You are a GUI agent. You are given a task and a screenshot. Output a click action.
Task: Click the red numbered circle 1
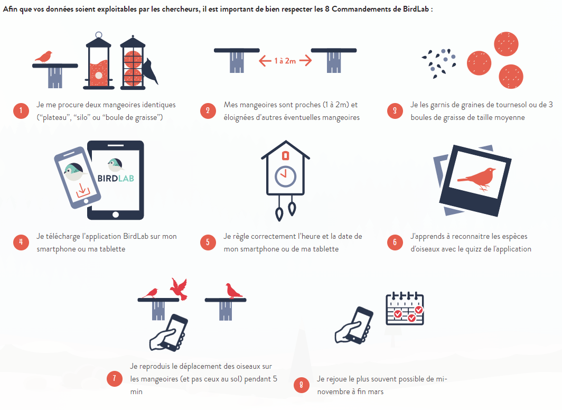coord(21,111)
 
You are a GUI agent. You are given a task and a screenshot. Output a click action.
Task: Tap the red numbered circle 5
coord(208,243)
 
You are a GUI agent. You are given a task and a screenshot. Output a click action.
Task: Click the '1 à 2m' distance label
coord(285,61)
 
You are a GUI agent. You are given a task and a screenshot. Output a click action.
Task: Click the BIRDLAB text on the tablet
coord(116,178)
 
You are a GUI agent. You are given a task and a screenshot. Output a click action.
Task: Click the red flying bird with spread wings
coord(179,288)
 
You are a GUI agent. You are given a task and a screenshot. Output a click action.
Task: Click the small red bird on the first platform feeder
coord(44,56)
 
